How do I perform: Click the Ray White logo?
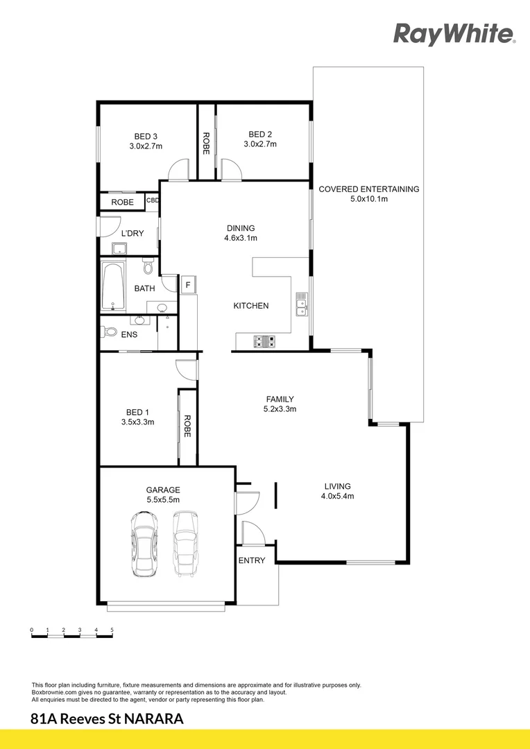pyautogui.click(x=454, y=33)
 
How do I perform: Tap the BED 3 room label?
pyautogui.click(x=146, y=141)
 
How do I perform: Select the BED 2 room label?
pyautogui.click(x=260, y=139)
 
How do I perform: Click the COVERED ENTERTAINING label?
pyautogui.click(x=368, y=193)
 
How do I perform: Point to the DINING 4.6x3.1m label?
pyautogui.click(x=241, y=233)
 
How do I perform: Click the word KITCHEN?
pyautogui.click(x=250, y=306)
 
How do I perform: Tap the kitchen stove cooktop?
pyautogui.click(x=265, y=341)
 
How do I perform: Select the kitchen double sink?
pyautogui.click(x=302, y=304)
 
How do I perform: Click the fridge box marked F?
pyautogui.click(x=187, y=285)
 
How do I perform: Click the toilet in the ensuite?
pyautogui.click(x=109, y=332)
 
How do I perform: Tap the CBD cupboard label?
pyautogui.click(x=153, y=201)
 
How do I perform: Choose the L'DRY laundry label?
pyautogui.click(x=132, y=233)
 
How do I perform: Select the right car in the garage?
pyautogui.click(x=186, y=544)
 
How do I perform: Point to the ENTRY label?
pyautogui.click(x=252, y=560)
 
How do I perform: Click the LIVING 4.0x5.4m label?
pyautogui.click(x=336, y=491)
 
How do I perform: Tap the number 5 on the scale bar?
pyautogui.click(x=112, y=630)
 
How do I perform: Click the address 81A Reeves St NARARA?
pyautogui.click(x=108, y=719)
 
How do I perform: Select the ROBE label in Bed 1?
pyautogui.click(x=187, y=427)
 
